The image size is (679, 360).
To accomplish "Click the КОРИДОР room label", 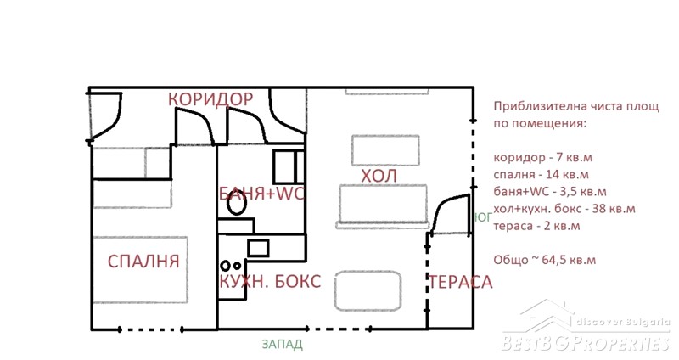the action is coord(210,98).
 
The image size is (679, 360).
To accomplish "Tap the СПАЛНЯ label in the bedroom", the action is coord(143,262).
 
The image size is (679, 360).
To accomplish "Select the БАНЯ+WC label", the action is coord(261,194).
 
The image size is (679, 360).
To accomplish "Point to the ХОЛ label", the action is coord(379,177).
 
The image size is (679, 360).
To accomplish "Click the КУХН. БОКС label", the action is coord(270,282).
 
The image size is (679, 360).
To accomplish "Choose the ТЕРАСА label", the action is coord(460,282).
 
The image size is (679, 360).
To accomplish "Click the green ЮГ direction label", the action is coord(483,217).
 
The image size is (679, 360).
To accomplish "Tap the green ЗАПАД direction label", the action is coord(283,345).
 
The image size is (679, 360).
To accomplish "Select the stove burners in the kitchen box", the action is coord(231,265).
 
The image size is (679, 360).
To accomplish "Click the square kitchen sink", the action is coord(258,248).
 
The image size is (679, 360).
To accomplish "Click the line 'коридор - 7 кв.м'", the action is coord(542,157).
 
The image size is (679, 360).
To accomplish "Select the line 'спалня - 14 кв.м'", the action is coord(541,175).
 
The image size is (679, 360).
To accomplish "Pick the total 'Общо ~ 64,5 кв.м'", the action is coord(545,260).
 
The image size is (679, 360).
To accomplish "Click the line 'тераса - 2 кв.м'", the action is coord(536,226).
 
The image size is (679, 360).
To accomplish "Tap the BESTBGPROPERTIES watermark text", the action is coord(586,343).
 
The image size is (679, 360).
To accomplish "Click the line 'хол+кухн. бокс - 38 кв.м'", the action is coord(564,209).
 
